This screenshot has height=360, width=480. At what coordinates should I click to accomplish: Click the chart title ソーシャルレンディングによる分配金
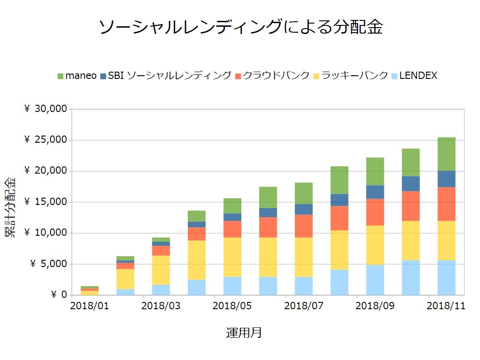[240, 28]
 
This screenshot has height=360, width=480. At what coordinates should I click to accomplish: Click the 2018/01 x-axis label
[89, 306]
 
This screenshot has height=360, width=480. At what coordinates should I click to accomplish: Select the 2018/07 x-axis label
[304, 306]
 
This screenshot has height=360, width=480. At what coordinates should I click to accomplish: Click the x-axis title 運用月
[244, 333]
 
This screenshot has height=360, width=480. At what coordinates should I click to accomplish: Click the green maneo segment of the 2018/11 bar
[446, 154]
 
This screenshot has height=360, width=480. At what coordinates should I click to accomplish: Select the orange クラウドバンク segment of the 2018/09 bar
[375, 212]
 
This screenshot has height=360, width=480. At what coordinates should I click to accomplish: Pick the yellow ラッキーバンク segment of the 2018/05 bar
[232, 257]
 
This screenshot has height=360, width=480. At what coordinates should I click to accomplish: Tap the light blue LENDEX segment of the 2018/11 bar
[446, 277]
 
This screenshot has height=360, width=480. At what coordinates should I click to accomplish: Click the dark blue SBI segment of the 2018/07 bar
[304, 209]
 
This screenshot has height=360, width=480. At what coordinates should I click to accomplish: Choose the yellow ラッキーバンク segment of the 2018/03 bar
[161, 270]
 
